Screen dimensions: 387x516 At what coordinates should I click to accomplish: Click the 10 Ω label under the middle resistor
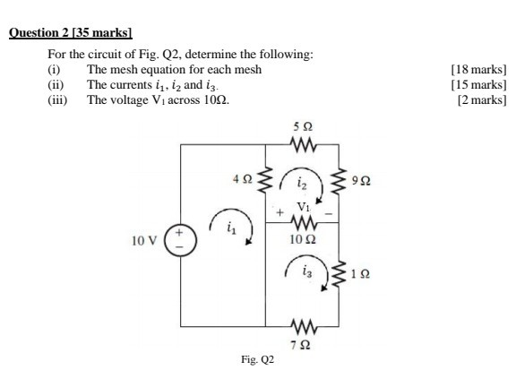(x=302, y=240)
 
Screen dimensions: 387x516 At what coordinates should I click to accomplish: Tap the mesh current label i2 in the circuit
(x=303, y=182)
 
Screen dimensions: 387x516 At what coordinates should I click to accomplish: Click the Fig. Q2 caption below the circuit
(x=257, y=360)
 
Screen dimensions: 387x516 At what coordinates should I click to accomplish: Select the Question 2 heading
(x=70, y=34)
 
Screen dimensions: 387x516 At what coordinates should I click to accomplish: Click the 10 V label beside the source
(x=143, y=241)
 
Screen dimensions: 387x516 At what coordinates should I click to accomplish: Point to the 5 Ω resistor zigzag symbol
(x=303, y=142)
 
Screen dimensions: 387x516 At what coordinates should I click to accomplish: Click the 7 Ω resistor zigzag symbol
(x=303, y=322)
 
